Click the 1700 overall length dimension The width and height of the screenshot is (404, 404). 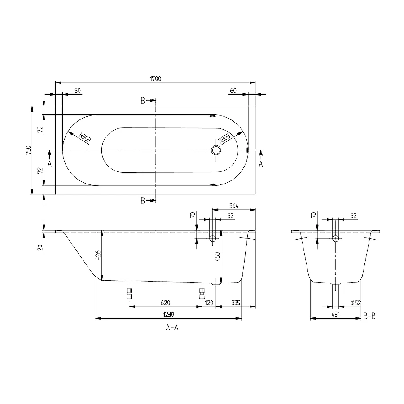[155, 79]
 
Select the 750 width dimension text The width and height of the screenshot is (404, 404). [27, 150]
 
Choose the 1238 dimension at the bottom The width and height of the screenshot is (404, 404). [167, 315]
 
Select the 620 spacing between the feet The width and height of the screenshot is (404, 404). [165, 303]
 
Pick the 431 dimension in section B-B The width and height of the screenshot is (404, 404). [336, 315]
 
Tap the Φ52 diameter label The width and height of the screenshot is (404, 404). [355, 303]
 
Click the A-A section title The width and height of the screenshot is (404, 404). [172, 328]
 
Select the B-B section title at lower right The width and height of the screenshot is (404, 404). [369, 316]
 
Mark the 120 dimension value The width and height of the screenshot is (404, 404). [209, 303]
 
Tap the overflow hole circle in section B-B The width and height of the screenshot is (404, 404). [335, 238]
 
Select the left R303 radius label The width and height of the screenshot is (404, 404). [84, 137]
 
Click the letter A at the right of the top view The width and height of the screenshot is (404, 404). [261, 164]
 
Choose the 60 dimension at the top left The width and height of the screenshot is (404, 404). [77, 91]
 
